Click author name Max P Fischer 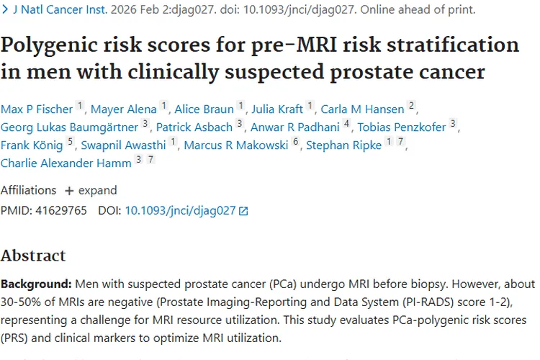pyautogui.click(x=37, y=109)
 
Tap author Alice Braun pyautogui.click(x=204, y=109)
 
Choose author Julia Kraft pyautogui.click(x=276, y=109)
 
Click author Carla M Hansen pyautogui.click(x=361, y=109)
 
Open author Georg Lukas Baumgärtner pyautogui.click(x=69, y=127)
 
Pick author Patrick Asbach pyautogui.click(x=194, y=127)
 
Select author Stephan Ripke pyautogui.click(x=343, y=145)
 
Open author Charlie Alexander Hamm pyautogui.click(x=66, y=163)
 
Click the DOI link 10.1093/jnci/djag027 pyautogui.click(x=180, y=211)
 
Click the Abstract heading pyautogui.click(x=33, y=256)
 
